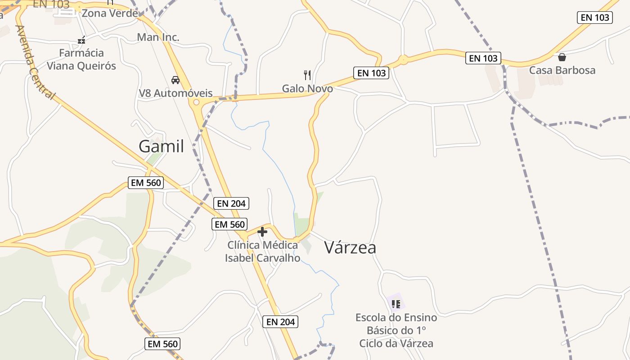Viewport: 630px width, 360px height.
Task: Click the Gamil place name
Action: (x=161, y=146)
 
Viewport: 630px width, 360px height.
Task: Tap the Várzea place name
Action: (x=350, y=247)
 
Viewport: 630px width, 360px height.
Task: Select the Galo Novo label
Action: (x=307, y=89)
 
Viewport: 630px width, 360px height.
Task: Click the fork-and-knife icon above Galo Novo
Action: (x=307, y=74)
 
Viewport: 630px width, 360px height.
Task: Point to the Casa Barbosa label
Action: (x=562, y=70)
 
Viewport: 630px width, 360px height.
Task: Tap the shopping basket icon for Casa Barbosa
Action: (x=562, y=57)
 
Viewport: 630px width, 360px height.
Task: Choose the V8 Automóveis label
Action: (x=175, y=93)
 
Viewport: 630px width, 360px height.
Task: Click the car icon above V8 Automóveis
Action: (x=175, y=80)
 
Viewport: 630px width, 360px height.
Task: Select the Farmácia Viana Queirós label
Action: (x=81, y=59)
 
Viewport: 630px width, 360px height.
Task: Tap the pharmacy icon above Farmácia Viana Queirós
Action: (x=81, y=40)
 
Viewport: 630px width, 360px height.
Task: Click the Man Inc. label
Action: (x=158, y=37)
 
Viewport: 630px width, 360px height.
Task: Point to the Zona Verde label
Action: (x=109, y=13)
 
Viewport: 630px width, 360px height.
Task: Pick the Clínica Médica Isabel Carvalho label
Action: (x=263, y=252)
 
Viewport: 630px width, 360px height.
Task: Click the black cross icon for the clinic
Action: (x=262, y=232)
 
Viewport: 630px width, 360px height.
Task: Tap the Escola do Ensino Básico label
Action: (x=396, y=330)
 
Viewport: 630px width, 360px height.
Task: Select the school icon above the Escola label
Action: (x=396, y=304)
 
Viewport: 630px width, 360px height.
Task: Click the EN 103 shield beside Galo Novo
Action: (x=372, y=73)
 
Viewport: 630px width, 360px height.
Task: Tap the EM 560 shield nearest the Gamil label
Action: (x=145, y=183)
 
